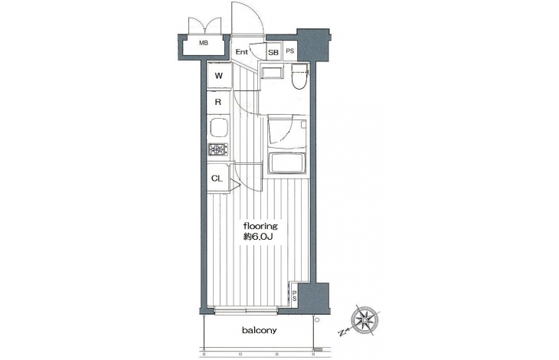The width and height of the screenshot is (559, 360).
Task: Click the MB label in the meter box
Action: point(204,43)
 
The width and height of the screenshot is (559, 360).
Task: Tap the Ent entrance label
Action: point(241,51)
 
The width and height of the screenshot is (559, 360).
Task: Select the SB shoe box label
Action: point(273,52)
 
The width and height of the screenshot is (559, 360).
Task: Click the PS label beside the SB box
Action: point(290,51)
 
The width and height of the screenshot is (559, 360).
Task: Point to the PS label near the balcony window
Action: point(295,296)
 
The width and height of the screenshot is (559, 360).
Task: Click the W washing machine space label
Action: point(219,76)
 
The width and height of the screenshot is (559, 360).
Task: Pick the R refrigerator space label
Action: point(217,103)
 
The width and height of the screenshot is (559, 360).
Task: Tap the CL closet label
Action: point(217,178)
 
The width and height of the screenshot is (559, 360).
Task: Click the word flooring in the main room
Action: point(260,226)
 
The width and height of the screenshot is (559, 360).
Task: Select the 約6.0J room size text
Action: point(258,237)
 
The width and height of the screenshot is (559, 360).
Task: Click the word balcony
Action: point(259,330)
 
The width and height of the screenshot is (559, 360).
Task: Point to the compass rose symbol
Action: point(365,320)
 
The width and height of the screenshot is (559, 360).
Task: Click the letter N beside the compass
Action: point(342,333)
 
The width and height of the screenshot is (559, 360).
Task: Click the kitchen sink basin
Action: point(219,127)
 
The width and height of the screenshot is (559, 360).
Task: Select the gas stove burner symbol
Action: point(218,149)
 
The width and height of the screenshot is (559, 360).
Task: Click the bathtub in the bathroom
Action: point(287,163)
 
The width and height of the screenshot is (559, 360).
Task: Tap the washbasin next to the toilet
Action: point(272,71)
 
